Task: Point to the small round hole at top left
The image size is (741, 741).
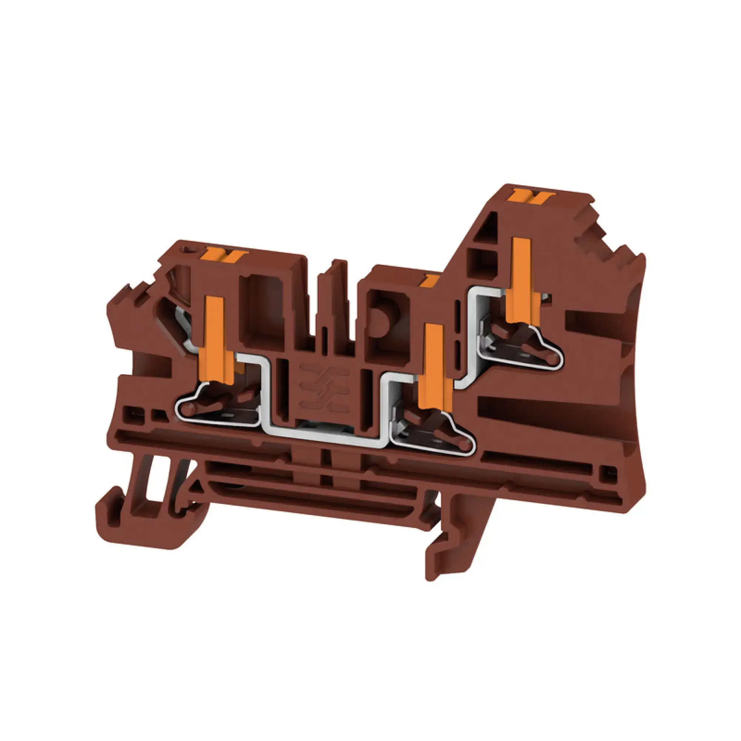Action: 187,250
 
